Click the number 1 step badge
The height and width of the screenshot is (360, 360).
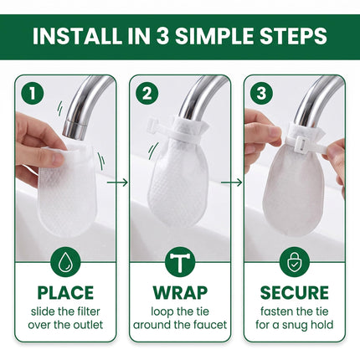tap(33, 94)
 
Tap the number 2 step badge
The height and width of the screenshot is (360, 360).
tap(147, 94)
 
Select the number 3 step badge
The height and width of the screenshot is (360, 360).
tap(261, 94)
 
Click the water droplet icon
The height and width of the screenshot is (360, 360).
tap(65, 262)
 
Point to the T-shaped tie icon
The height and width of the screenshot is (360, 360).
tap(180, 262)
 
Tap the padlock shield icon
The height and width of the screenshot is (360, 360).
tap(295, 262)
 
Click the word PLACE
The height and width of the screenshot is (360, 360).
tap(65, 293)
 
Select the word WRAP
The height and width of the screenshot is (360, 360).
tap(180, 293)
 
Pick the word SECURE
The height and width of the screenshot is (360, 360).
tap(295, 293)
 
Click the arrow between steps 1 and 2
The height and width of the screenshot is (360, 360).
tap(117, 183)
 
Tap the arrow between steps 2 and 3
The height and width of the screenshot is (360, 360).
tap(232, 183)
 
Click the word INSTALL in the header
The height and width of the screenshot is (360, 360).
tap(77, 36)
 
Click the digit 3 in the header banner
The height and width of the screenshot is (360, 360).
tap(162, 36)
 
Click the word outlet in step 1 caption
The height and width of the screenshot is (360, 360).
tap(88, 325)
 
